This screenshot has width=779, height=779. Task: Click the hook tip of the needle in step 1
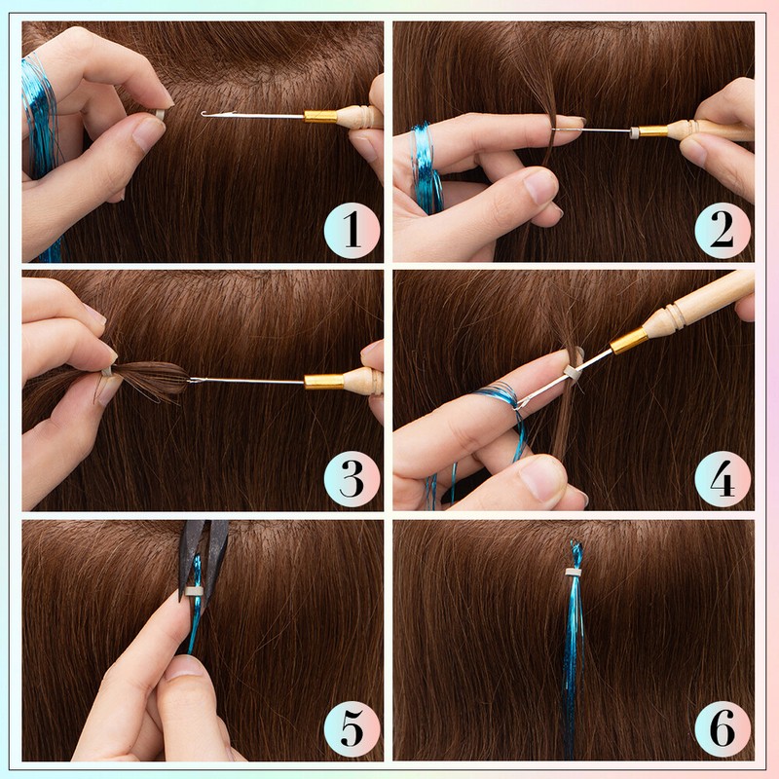204,114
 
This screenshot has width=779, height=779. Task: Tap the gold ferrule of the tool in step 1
320,116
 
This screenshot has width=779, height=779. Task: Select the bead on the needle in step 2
634,131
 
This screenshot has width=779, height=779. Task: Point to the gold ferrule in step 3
322,381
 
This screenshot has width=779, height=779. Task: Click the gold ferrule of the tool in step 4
628,340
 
